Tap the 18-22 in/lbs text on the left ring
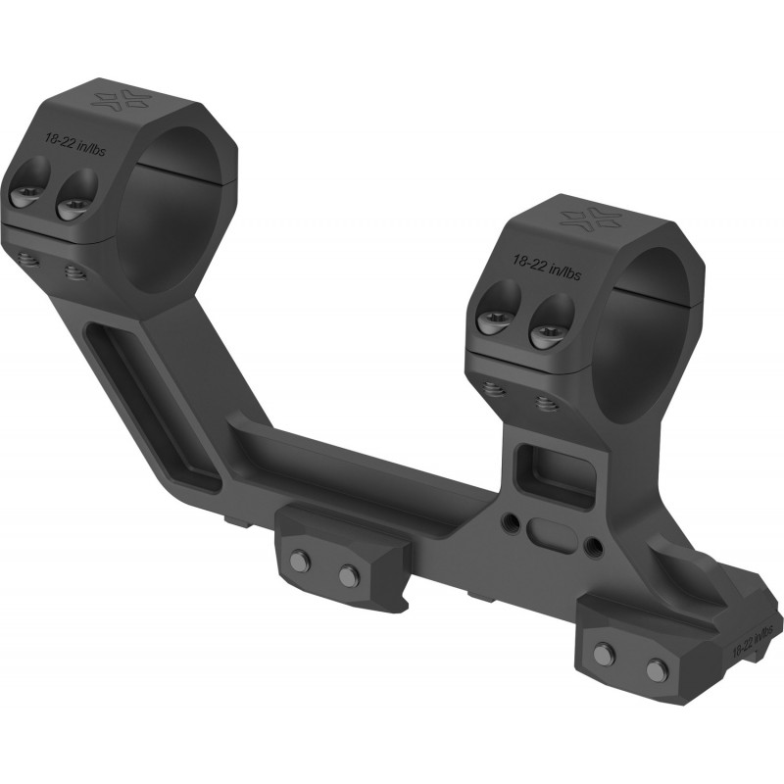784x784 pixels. [75, 144]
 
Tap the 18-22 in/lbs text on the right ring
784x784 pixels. [547, 267]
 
